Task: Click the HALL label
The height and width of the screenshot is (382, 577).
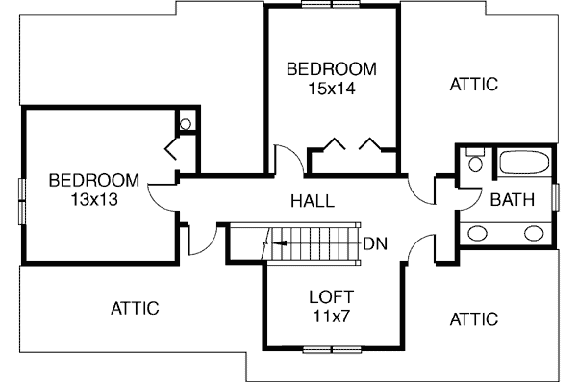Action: click(313, 201)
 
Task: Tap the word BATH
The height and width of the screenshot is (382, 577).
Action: click(513, 199)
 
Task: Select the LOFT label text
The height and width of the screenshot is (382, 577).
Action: click(331, 297)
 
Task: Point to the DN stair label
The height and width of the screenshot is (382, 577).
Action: click(375, 243)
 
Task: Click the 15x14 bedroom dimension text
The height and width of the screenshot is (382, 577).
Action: click(332, 89)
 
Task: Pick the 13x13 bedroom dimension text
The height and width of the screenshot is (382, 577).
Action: click(94, 199)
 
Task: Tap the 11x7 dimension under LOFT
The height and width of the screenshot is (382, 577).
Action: click(331, 316)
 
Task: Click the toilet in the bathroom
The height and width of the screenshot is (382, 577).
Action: click(475, 160)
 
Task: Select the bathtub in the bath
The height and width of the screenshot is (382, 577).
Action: click(524, 162)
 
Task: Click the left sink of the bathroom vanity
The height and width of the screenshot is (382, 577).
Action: click(477, 233)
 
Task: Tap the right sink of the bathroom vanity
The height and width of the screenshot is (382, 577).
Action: click(534, 233)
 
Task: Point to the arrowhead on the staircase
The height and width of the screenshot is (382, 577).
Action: click(281, 243)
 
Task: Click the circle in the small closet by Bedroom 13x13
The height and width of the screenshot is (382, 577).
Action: click(186, 124)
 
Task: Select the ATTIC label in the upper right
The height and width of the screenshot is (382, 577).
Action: click(474, 85)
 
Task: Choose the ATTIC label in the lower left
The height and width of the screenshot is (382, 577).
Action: click(135, 308)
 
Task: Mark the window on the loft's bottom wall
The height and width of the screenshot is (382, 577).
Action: click(332, 349)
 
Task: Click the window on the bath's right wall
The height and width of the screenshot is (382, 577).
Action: click(556, 197)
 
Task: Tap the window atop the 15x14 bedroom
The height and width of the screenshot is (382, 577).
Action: click(331, 4)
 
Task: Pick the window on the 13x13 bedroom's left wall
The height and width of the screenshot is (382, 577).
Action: click(22, 201)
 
